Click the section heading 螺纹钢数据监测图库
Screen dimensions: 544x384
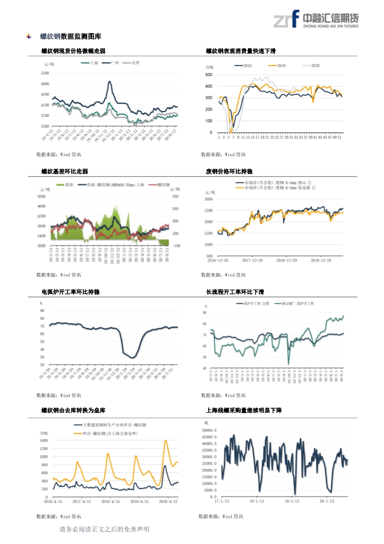[71, 36]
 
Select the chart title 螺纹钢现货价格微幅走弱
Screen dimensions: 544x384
[74, 51]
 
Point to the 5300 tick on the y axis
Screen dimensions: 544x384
[45, 73]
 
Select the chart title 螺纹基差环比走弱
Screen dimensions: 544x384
[65, 172]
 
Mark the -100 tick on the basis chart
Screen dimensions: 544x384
[176, 246]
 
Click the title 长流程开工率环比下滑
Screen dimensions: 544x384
[235, 292]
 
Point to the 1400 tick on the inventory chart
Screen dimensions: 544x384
[44, 441]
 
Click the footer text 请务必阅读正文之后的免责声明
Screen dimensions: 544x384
[104, 529]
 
